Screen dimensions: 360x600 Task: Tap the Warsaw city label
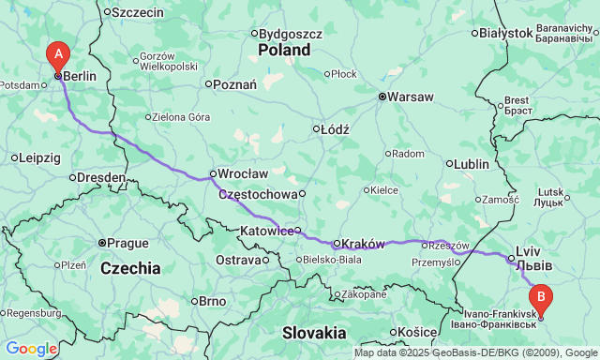point(410,97)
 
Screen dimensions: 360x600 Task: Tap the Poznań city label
point(235,84)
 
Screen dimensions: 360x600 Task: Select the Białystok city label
point(505,33)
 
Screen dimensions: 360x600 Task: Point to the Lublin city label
point(472,164)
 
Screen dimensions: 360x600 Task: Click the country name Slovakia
point(314,332)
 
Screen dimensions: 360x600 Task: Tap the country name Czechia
point(130,268)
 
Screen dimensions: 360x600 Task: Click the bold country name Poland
point(284,50)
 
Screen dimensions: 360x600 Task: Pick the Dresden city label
point(102,176)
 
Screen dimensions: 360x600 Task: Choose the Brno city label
point(212,302)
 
